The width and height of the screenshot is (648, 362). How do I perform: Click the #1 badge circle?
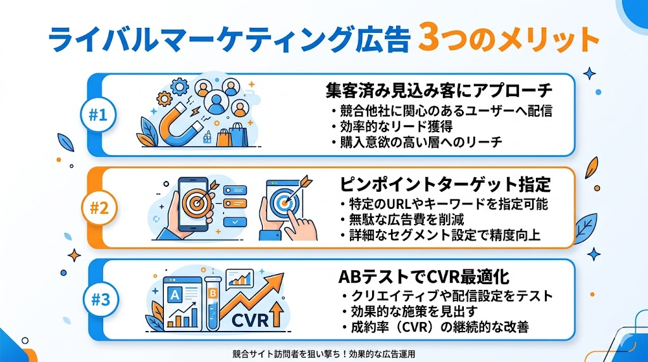tap(99, 116)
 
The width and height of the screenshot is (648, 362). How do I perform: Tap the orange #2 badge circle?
tap(99, 208)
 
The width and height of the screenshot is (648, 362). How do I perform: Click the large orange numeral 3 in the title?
tap(430, 40)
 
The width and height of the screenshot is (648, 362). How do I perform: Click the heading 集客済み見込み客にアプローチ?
tap(439, 90)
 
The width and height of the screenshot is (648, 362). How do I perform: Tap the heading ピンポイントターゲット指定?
tap(445, 185)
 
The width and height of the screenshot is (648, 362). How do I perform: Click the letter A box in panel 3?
tap(174, 294)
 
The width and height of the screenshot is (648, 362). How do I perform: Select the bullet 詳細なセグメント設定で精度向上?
tap(445, 235)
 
